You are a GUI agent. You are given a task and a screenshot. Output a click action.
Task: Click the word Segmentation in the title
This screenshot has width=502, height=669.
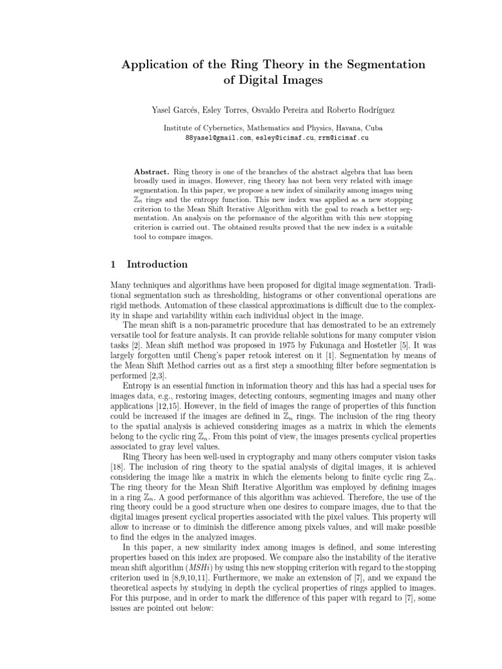(369, 64)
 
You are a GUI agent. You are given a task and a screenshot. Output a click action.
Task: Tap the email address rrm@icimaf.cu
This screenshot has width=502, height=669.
(343, 139)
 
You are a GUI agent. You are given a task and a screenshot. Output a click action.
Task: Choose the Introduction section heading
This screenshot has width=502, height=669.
(157, 265)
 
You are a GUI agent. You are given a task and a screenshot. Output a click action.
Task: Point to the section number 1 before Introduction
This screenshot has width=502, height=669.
(113, 265)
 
